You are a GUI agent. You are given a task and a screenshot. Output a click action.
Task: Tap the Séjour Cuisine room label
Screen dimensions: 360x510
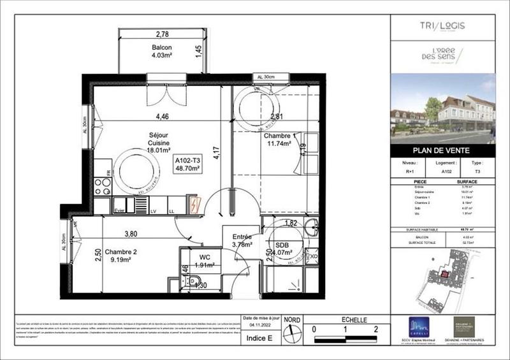142,144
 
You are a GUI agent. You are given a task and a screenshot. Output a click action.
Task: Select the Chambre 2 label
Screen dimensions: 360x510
121,255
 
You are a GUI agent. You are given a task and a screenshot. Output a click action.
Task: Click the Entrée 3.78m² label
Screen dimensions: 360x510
242,240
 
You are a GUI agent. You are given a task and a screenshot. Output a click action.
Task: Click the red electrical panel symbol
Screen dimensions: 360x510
194,205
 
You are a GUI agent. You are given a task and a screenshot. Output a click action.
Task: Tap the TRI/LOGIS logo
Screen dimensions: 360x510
443,25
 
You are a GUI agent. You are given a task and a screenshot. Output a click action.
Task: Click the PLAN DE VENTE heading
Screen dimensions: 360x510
442,151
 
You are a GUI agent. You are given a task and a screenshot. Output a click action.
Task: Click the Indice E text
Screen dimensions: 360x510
259,338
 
